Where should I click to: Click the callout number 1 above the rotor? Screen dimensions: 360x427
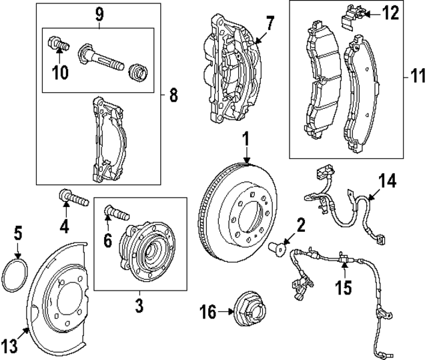coord(246,140)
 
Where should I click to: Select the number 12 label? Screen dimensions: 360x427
coord(390,12)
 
